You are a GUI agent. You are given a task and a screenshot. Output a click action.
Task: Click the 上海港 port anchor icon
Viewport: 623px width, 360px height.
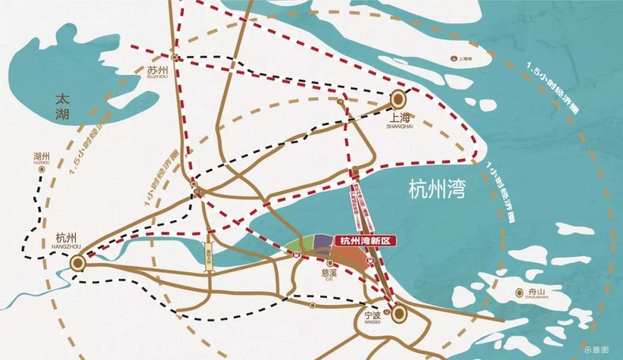tap(455, 59)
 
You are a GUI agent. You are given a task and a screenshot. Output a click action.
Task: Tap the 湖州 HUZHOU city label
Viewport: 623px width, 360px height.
tap(42, 158)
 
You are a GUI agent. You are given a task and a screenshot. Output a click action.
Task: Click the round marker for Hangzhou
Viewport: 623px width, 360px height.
tap(78, 264)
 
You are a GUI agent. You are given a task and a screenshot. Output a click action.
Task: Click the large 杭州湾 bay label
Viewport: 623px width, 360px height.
tap(436, 189)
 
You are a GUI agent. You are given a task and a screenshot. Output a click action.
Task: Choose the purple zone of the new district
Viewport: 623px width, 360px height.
tap(321, 244)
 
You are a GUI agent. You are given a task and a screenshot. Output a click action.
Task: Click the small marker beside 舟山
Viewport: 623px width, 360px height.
tap(520, 292)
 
